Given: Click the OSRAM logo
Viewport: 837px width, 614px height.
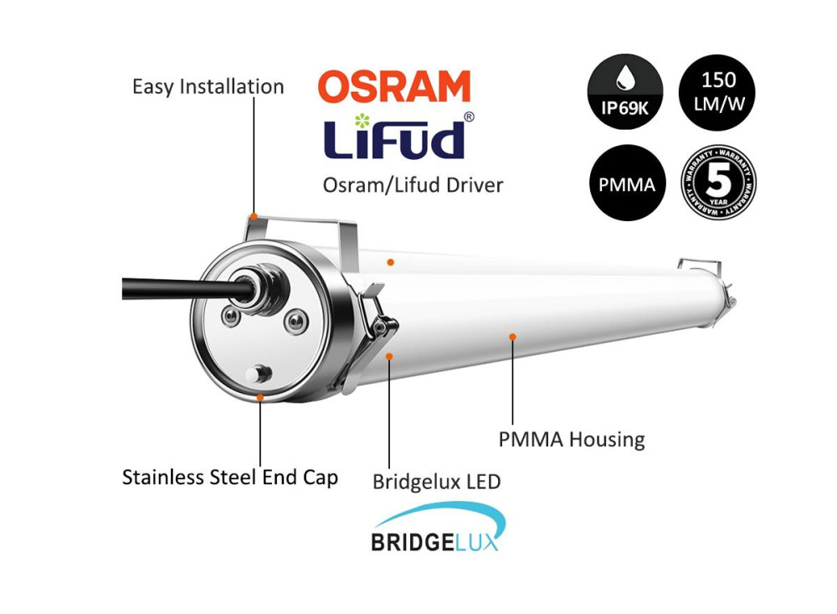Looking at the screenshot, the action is coord(394,86).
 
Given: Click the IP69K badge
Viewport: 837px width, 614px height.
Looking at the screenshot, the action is coord(625,91).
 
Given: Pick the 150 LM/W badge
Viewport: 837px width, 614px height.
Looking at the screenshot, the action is coord(717,92).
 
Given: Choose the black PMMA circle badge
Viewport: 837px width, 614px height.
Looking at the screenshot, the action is coord(627,183).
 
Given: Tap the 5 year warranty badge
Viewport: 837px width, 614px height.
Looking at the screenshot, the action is coord(718,183).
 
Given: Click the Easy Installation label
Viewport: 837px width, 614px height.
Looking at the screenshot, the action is coord(208,86).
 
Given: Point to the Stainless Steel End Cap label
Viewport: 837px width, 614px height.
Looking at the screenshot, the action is coord(230,477).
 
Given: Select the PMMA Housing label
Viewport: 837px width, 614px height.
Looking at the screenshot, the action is coord(572,440).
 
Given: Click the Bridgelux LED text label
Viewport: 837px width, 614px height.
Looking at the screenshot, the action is coord(437,482).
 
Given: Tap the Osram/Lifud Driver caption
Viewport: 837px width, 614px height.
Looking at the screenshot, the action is coord(413,185).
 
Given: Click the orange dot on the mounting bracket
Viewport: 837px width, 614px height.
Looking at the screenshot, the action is coord(254,216).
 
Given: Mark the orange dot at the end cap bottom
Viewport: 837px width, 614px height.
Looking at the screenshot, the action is coord(260,397).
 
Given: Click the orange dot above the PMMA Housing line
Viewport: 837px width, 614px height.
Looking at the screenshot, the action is coord(512,337).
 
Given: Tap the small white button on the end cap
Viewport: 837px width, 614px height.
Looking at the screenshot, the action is coord(259,374).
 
